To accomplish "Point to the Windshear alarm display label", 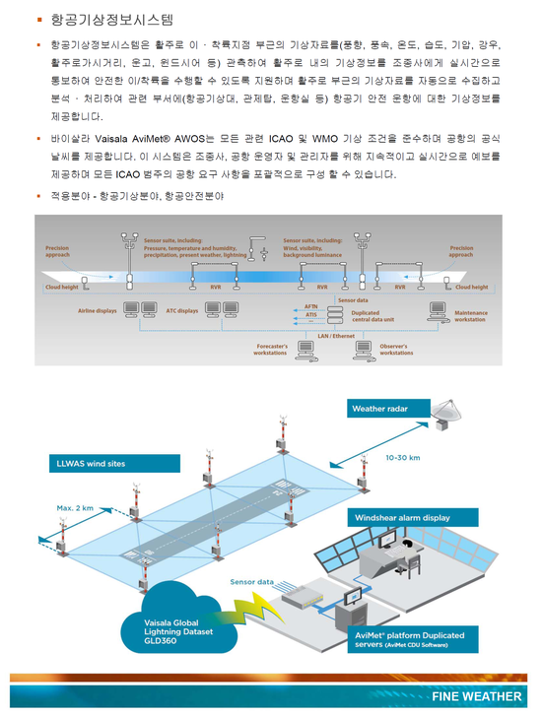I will tap(402, 517).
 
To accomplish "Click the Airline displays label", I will tap(98, 310).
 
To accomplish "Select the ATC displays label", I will tap(182, 310).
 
